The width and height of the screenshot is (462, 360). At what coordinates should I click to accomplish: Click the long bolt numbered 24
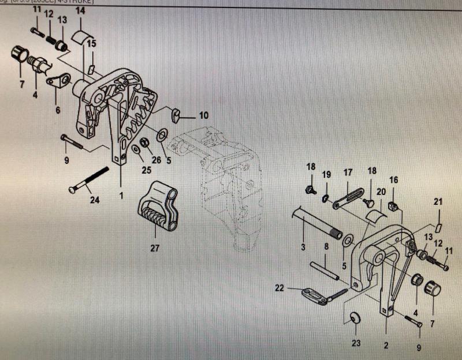(90, 180)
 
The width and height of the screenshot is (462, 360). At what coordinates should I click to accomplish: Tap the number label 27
(154, 249)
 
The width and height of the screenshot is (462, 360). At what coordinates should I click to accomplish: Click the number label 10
(203, 115)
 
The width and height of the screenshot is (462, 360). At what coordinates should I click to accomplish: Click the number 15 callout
(91, 43)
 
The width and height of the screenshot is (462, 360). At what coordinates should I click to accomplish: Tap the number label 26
(157, 160)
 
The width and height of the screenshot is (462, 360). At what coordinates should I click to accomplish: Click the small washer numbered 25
(135, 151)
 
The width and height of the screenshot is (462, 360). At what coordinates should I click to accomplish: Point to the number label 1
(121, 196)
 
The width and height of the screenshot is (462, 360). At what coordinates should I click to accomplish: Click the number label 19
(326, 175)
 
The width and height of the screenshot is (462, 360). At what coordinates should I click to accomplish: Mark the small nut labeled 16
(394, 205)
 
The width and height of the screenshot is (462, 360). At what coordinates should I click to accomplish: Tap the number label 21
(438, 201)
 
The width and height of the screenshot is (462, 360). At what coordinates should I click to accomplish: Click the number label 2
(386, 346)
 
